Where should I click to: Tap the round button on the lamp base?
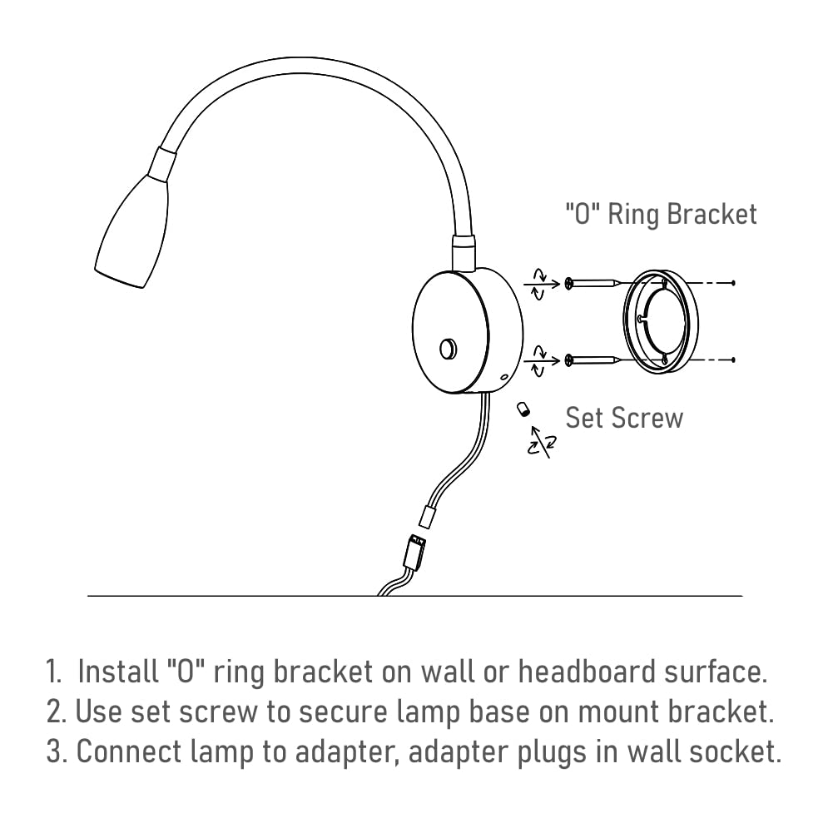(448, 349)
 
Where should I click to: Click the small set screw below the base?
(523, 409)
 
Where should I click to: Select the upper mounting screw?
(593, 284)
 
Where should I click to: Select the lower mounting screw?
(593, 360)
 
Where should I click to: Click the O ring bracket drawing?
(661, 322)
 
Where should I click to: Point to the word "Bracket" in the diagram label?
(712, 215)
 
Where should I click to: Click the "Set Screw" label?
(624, 418)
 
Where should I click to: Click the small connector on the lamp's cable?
(428, 517)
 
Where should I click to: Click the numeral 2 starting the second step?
(55, 712)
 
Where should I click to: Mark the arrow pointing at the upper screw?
(542, 285)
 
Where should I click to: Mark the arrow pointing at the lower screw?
(542, 361)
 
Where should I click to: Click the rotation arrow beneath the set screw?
(542, 442)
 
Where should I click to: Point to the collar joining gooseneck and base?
(464, 253)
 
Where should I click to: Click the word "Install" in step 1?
(118, 672)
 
